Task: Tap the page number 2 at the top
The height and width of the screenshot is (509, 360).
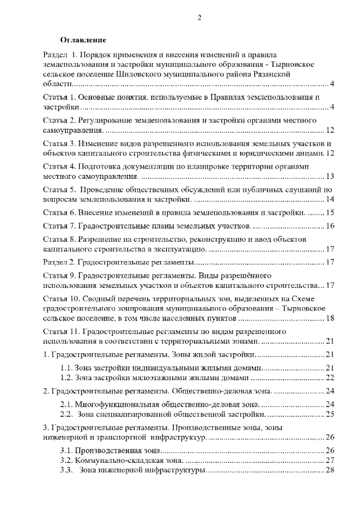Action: click(x=183, y=17)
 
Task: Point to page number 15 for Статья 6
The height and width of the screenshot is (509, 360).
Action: click(x=330, y=213)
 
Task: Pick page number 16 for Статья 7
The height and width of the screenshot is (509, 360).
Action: click(x=330, y=227)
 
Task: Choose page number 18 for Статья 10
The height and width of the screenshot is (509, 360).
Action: click(x=330, y=318)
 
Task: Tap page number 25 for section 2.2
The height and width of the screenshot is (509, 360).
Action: click(x=330, y=415)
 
